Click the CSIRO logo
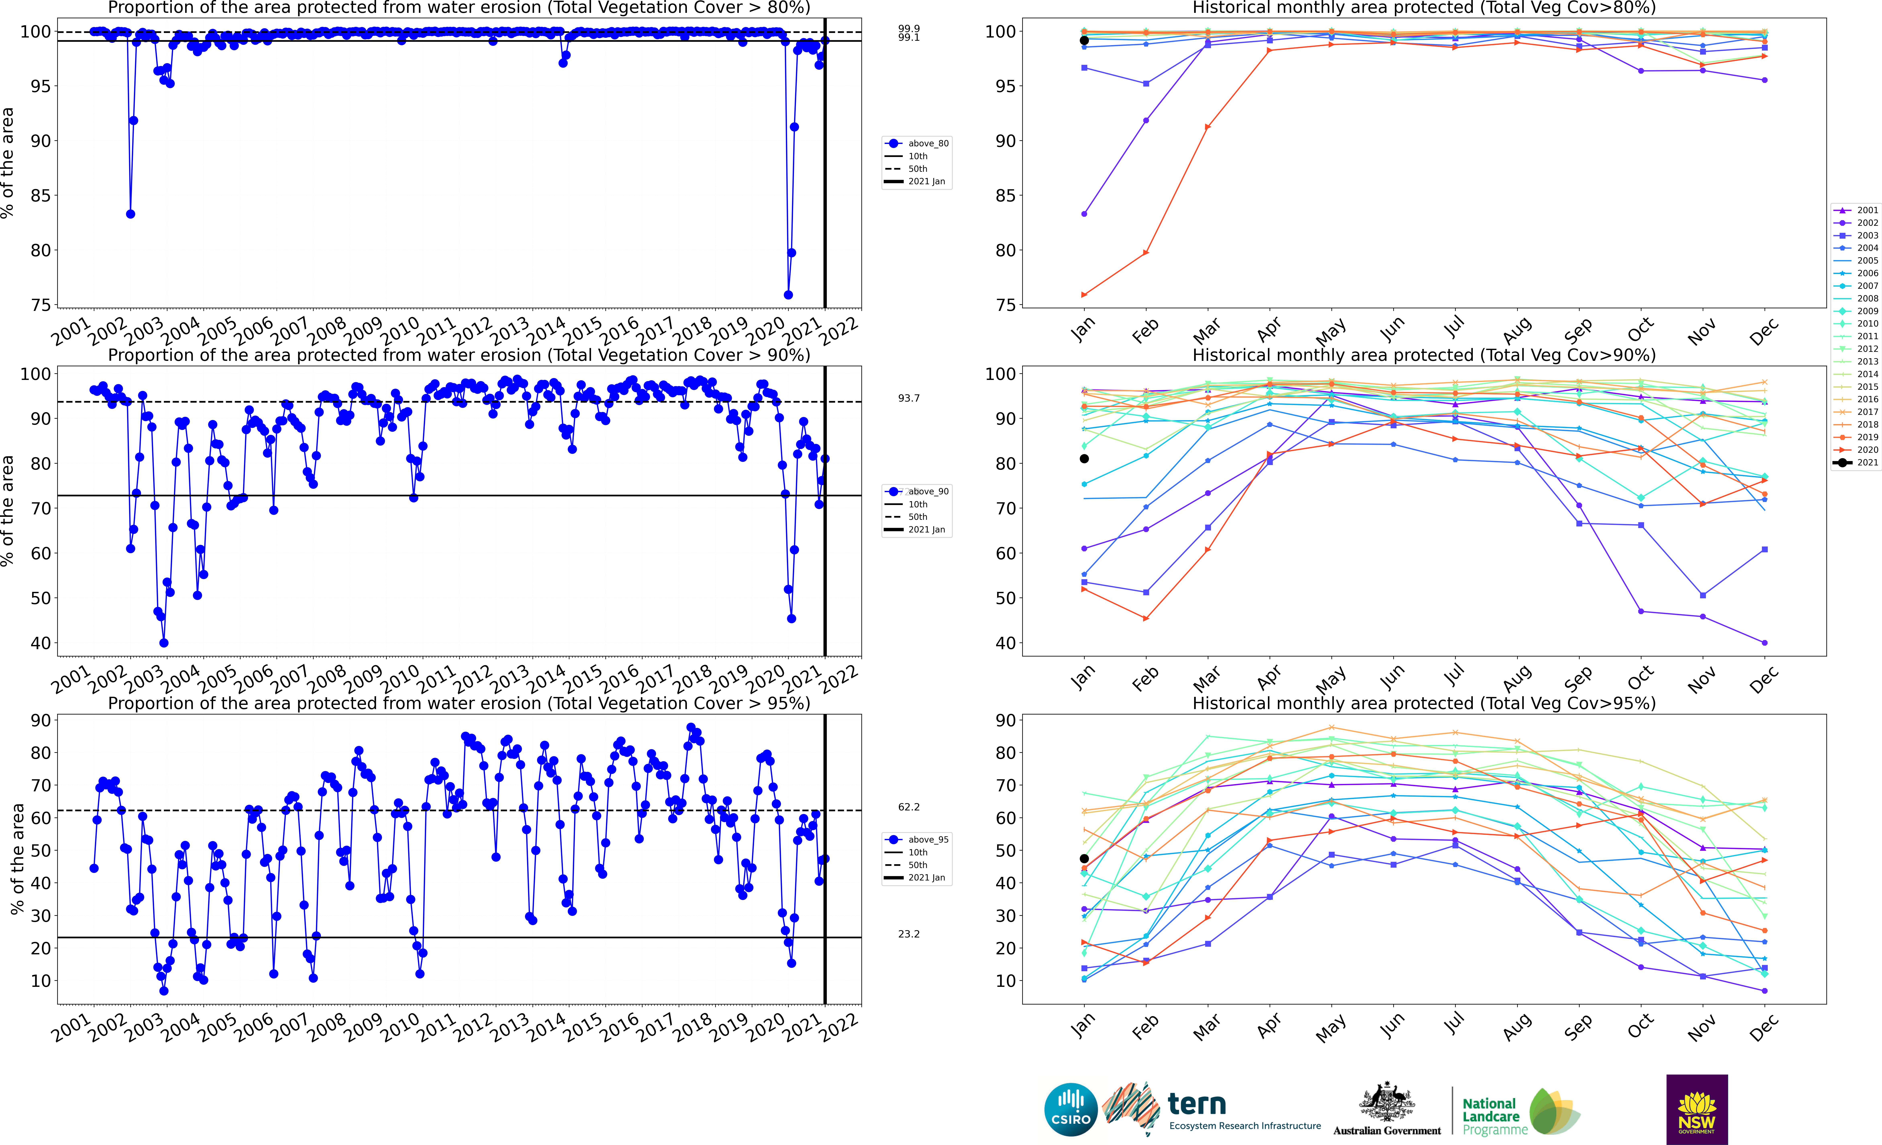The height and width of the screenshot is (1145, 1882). (x=1070, y=1109)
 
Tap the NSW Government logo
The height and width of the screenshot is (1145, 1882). (x=1696, y=1109)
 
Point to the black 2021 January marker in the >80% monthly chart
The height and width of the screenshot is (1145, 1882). (x=1084, y=41)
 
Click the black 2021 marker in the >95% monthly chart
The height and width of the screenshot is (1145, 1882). (x=1084, y=859)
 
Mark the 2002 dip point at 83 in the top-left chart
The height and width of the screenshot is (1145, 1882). (x=131, y=214)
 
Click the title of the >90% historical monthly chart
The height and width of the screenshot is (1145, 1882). (x=1424, y=355)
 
